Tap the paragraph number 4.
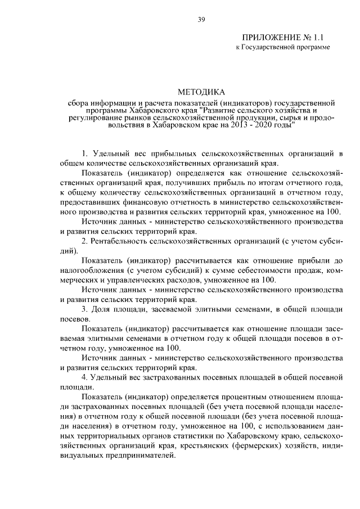[x=84, y=377]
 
